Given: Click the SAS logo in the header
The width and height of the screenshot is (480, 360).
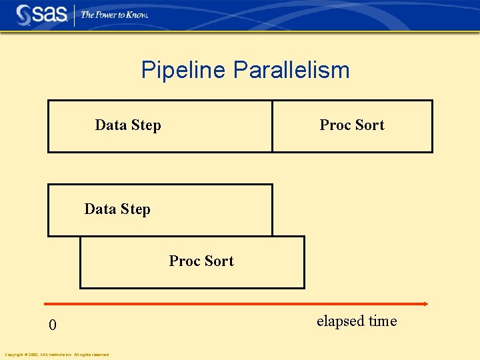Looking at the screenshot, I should (x=41, y=15).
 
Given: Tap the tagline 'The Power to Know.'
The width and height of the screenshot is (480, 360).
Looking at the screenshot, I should (x=114, y=15).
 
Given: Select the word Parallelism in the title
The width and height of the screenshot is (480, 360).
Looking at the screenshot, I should (x=291, y=70).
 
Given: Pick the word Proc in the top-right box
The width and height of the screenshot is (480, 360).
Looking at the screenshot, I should (x=335, y=125).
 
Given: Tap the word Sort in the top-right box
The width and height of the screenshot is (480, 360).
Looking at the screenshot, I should (x=370, y=125).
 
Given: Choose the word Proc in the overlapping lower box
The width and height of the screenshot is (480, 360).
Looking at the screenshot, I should (x=185, y=261).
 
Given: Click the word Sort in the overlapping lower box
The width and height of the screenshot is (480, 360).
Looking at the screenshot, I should (x=219, y=261).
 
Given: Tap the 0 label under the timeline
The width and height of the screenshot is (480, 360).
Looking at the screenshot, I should (x=53, y=326).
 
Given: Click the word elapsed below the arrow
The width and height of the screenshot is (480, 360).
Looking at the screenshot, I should (x=341, y=321).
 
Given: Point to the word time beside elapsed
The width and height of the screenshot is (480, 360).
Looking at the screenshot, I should (x=383, y=321).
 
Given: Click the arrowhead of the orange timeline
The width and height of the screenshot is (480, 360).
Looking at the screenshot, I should (x=425, y=304).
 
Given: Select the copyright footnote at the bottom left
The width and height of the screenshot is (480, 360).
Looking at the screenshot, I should (x=57, y=355).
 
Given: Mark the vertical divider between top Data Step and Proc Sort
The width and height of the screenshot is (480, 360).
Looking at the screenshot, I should (x=272, y=126).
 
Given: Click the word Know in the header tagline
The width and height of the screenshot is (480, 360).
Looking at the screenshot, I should (x=135, y=15).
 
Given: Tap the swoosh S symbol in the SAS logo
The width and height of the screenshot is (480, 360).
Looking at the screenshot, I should (x=25, y=15).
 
